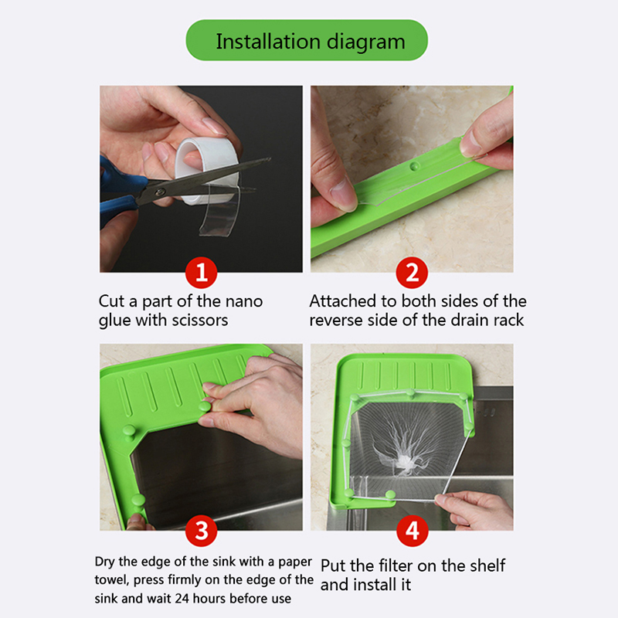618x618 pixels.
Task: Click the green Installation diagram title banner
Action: (x=307, y=40)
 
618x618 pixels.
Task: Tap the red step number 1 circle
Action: (x=202, y=273)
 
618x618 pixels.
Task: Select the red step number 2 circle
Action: (x=412, y=273)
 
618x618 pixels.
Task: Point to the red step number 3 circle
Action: (x=202, y=531)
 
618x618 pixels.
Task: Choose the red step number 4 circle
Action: (x=413, y=531)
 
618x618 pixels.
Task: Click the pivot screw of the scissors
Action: (x=160, y=192)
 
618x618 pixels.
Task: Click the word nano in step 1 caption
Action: (x=243, y=301)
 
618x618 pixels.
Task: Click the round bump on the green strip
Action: (x=414, y=166)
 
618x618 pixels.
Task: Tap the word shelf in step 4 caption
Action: (x=489, y=565)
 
